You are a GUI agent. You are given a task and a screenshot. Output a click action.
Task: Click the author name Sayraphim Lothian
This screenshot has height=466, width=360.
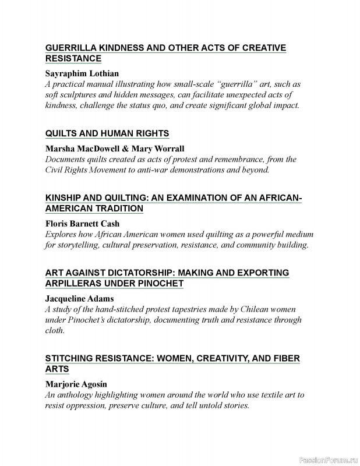coord(82,73)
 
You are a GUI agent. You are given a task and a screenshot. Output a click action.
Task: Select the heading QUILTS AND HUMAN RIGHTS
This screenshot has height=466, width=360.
coord(107,133)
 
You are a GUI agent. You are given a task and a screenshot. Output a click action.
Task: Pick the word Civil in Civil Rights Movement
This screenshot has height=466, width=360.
coord(55,170)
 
